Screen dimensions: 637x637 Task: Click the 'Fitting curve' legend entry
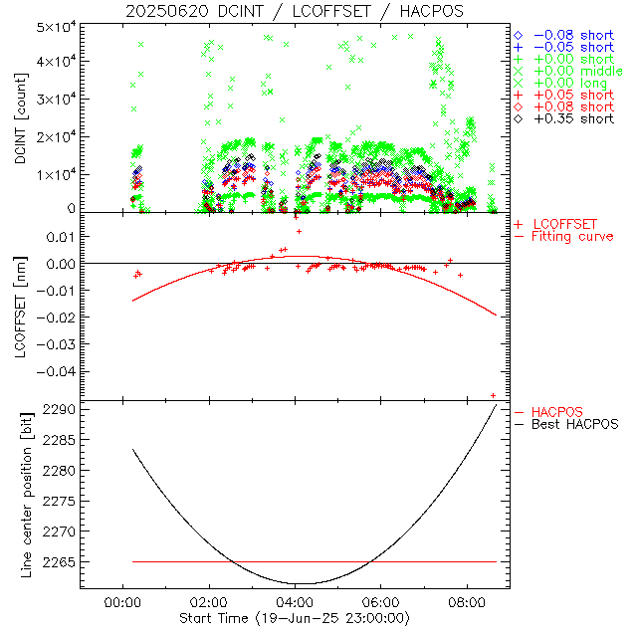tap(572, 236)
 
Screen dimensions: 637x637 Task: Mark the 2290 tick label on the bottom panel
tap(62, 409)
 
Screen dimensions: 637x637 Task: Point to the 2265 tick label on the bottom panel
tap(62, 562)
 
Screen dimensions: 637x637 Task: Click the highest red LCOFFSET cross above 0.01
tap(299, 231)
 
